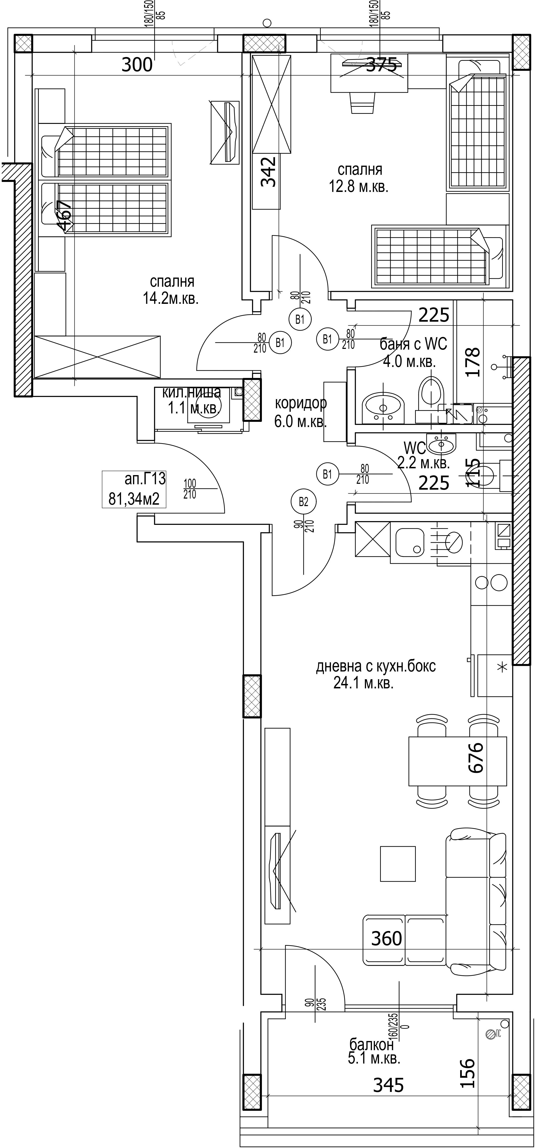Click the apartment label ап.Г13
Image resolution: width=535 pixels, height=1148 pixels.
pyautogui.click(x=145, y=480)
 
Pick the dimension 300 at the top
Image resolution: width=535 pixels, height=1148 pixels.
pyautogui.click(x=137, y=65)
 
